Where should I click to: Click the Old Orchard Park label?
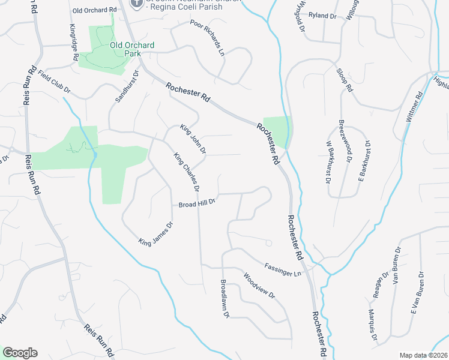click(x=132, y=49)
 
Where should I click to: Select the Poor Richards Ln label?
click(x=207, y=37)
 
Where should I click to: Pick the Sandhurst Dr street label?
click(x=127, y=87)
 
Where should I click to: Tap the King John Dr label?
click(x=193, y=139)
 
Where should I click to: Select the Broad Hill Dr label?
click(x=197, y=204)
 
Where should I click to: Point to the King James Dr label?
click(x=155, y=233)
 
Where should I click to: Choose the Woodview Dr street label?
click(x=259, y=286)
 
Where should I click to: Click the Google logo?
click(x=20, y=353)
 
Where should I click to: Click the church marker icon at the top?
click(x=137, y=2)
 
